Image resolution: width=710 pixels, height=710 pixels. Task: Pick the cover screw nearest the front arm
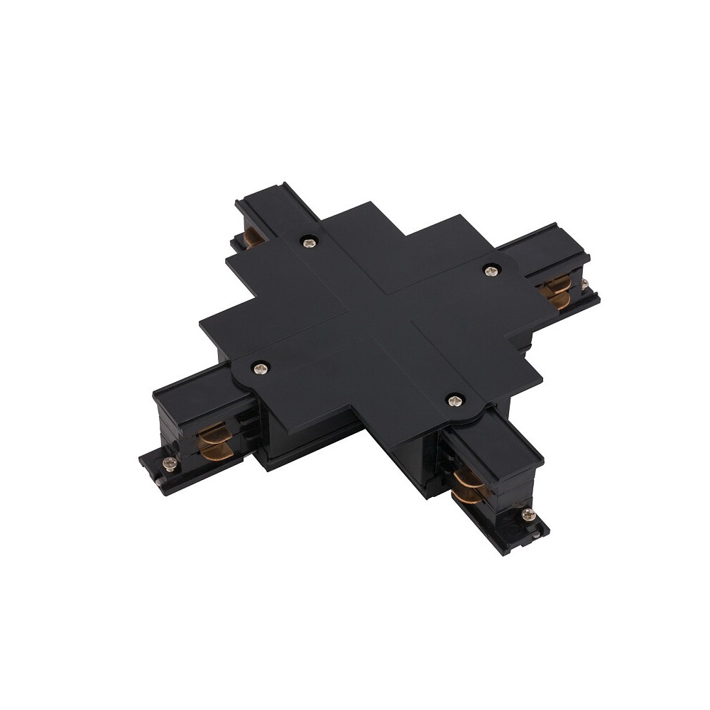pyautogui.click(x=453, y=401)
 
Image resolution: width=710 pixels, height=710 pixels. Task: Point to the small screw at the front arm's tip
pyautogui.click(x=526, y=513)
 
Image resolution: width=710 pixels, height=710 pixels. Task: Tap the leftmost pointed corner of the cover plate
pyautogui.click(x=201, y=327)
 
